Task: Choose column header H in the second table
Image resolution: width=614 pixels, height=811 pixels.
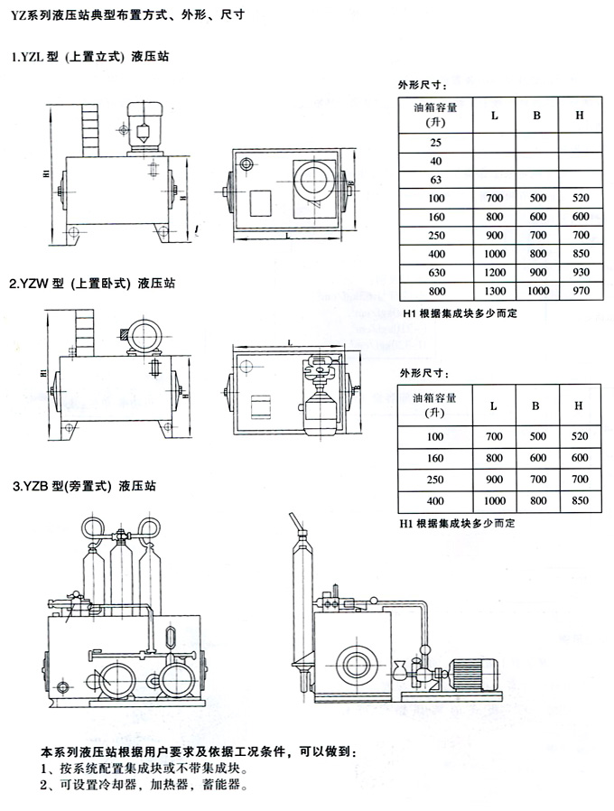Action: pyautogui.click(x=579, y=405)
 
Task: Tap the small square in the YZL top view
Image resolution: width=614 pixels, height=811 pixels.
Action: pyautogui.click(x=262, y=205)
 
